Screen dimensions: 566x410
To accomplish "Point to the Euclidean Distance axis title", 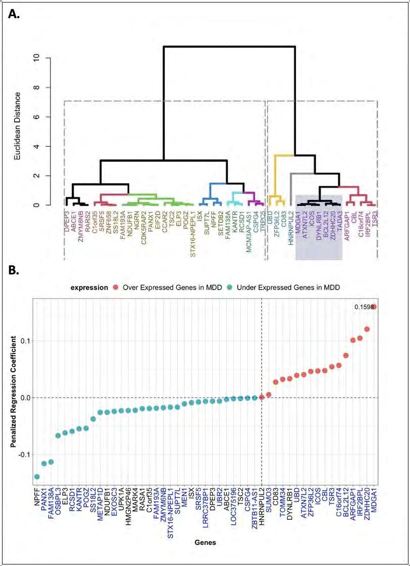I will (18, 126).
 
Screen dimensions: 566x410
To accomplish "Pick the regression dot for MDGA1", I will (374, 307).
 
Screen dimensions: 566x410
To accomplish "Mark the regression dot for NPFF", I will (37, 477).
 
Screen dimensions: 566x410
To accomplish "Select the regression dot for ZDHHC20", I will (367, 329).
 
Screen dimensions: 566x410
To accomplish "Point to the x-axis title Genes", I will (205, 543).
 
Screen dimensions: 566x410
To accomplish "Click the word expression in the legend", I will (89, 288).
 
